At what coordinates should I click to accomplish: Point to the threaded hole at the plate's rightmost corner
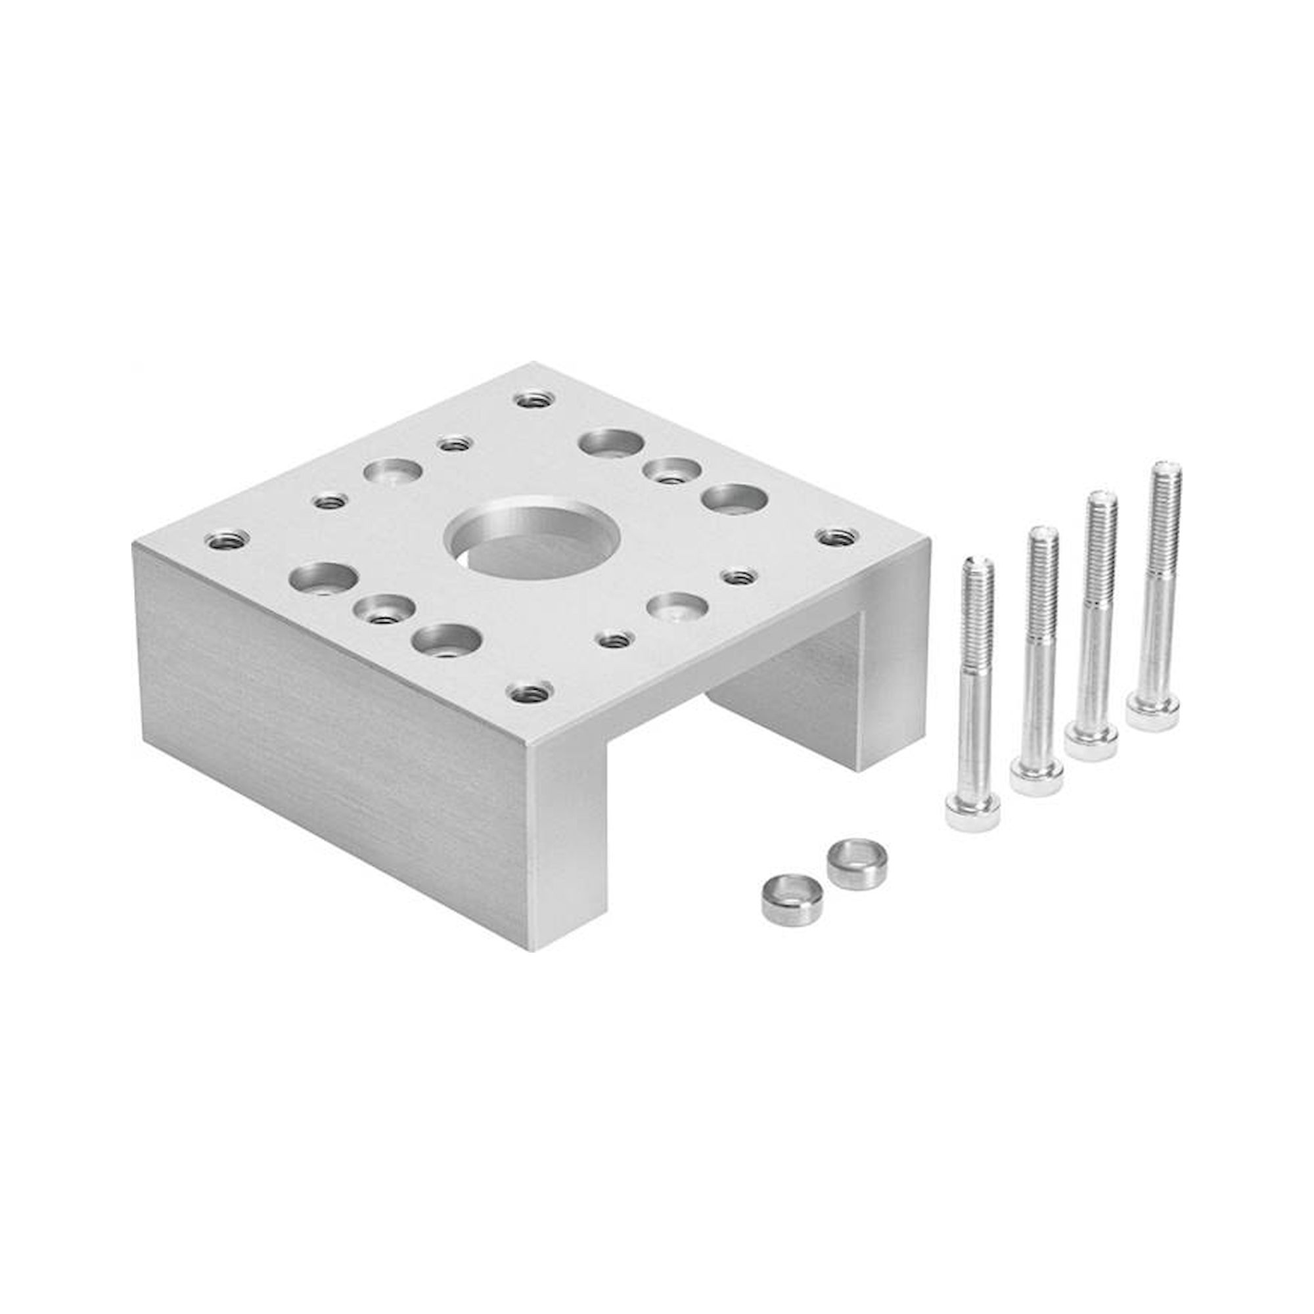[836, 537]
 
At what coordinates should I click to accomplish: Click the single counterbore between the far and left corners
[392, 471]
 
